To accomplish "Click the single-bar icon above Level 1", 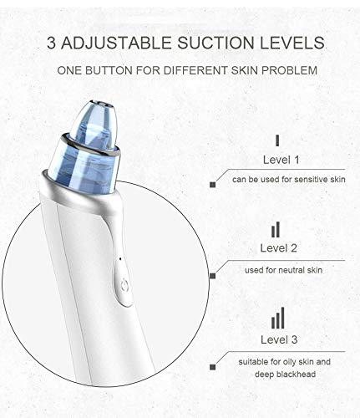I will [x=277, y=140].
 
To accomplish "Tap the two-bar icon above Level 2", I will [x=276, y=229].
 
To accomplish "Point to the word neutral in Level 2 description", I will [x=285, y=269].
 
